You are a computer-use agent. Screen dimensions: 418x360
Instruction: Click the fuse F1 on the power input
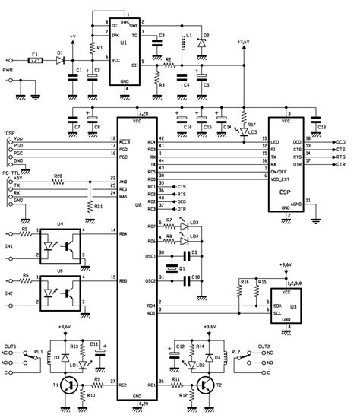coord(35,59)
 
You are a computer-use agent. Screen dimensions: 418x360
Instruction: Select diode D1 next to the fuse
coord(58,59)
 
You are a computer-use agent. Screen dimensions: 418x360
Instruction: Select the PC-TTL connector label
coord(11,173)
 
